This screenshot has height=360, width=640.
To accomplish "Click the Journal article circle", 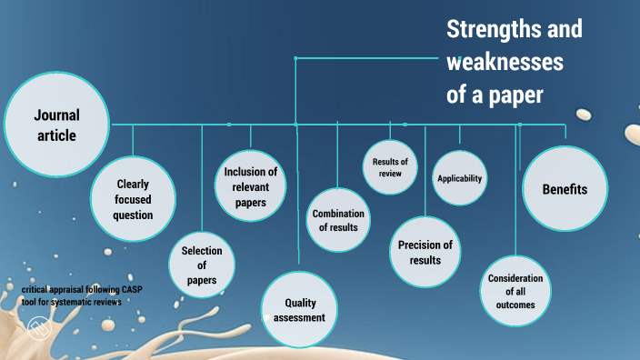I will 56,125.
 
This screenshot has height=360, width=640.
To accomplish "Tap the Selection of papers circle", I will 202,265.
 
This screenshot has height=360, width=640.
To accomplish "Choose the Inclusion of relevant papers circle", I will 250,186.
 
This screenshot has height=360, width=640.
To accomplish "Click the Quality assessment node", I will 300,309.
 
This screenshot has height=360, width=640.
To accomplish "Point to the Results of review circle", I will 390,166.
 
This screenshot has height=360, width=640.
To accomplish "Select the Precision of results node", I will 425,252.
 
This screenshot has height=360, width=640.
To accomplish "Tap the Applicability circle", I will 459,178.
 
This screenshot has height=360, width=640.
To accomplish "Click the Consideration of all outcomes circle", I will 515,292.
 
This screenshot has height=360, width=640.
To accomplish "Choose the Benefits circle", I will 565,189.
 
